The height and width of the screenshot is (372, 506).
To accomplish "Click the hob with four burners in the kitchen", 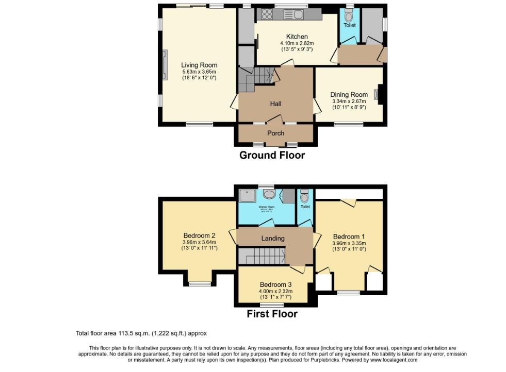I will (x=268, y=14).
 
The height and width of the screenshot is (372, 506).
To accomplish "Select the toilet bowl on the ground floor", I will (x=350, y=16).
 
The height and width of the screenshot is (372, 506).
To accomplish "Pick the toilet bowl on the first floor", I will (x=304, y=197).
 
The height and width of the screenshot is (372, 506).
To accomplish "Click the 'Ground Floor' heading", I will (x=272, y=155).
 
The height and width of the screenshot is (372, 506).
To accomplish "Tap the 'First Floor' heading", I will (x=272, y=313).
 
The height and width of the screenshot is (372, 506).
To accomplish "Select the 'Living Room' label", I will (x=199, y=65).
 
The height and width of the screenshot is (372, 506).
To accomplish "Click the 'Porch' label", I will (x=275, y=133).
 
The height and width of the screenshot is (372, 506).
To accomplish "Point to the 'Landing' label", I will (x=273, y=238).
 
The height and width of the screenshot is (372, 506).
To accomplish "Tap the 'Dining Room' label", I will (x=349, y=94).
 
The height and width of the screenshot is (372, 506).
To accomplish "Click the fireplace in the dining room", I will (x=377, y=95).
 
